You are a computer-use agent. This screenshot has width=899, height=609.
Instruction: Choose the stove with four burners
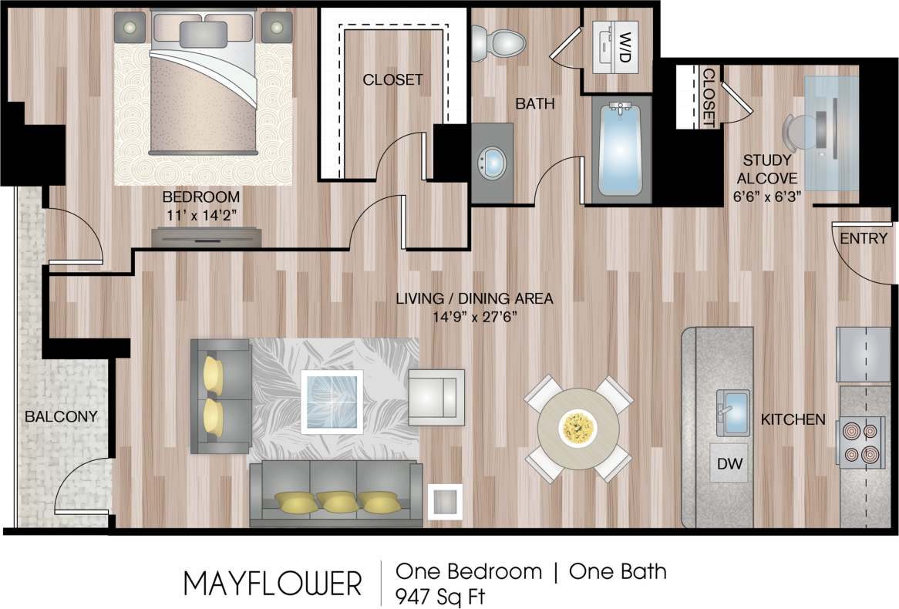pyautogui.click(x=858, y=442)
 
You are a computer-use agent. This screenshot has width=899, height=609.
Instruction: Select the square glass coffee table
pyautogui.click(x=332, y=400)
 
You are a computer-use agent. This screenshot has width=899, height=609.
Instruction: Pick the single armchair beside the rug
pyautogui.click(x=437, y=396)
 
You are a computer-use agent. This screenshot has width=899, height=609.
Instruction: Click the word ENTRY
pyautogui.click(x=864, y=239)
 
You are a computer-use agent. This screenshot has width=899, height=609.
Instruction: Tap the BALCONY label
pyautogui.click(x=61, y=417)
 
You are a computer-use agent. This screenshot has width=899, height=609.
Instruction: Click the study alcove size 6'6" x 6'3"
pyautogui.click(x=767, y=196)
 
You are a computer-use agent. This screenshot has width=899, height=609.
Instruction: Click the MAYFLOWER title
pyautogui.click(x=272, y=584)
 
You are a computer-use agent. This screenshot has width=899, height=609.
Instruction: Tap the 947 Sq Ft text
pyautogui.click(x=440, y=596)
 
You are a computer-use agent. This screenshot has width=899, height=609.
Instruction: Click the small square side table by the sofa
pyautogui.click(x=444, y=501)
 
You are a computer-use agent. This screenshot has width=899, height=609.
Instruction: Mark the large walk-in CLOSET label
pyautogui.click(x=393, y=79)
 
